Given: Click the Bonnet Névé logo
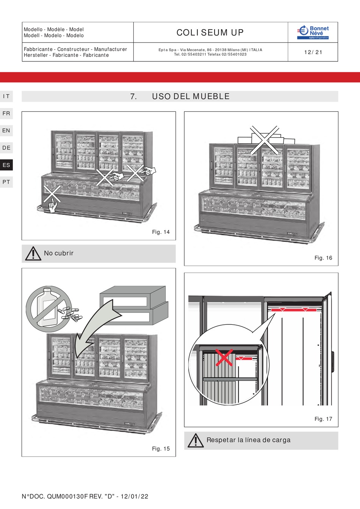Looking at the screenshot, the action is (313, 32).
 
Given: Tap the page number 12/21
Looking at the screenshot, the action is (313, 52).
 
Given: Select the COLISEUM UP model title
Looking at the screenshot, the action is (210, 33).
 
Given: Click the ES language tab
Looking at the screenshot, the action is (6, 165).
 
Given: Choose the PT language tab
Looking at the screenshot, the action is (6, 182).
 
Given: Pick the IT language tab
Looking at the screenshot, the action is (6, 96).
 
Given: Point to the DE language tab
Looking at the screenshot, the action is (6, 148).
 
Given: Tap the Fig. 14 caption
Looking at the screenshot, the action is (161, 232).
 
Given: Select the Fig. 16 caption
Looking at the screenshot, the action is (323, 258).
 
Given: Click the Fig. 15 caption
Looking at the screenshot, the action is (161, 449).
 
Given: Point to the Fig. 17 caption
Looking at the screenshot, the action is (323, 419).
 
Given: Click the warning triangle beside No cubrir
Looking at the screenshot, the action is (33, 254).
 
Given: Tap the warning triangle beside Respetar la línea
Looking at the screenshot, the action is (196, 440).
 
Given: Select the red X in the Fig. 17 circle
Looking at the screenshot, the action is (224, 357).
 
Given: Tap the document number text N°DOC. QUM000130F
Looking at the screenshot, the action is (85, 496).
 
